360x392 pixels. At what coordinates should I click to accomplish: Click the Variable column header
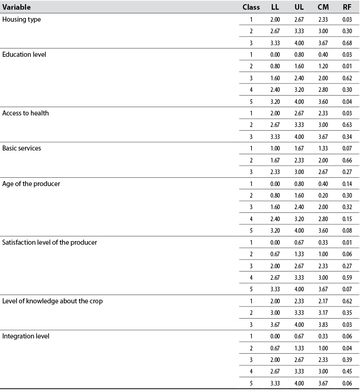(x=17, y=7)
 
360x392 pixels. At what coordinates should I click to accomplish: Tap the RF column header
(x=348, y=7)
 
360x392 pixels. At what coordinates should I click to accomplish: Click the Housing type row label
(x=22, y=19)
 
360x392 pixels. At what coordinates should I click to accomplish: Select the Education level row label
(x=24, y=54)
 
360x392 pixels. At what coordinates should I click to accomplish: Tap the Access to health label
(x=25, y=113)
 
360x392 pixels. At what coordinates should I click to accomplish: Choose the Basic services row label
(x=22, y=148)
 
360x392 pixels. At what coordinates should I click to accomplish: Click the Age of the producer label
(x=31, y=183)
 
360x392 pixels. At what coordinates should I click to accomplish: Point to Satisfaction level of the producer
(x=49, y=242)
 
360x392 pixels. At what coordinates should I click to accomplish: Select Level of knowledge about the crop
(x=52, y=301)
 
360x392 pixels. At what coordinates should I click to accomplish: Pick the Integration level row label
(x=25, y=336)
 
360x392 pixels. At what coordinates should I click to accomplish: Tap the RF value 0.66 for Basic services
(x=348, y=160)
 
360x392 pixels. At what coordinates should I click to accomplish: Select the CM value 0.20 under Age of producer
(x=323, y=195)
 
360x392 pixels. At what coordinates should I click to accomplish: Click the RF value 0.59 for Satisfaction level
(x=348, y=277)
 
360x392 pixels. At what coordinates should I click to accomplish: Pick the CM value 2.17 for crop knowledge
(x=323, y=301)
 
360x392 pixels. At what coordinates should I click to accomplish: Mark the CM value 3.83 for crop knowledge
(x=323, y=325)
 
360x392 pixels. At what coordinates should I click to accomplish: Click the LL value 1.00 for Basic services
(x=275, y=148)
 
